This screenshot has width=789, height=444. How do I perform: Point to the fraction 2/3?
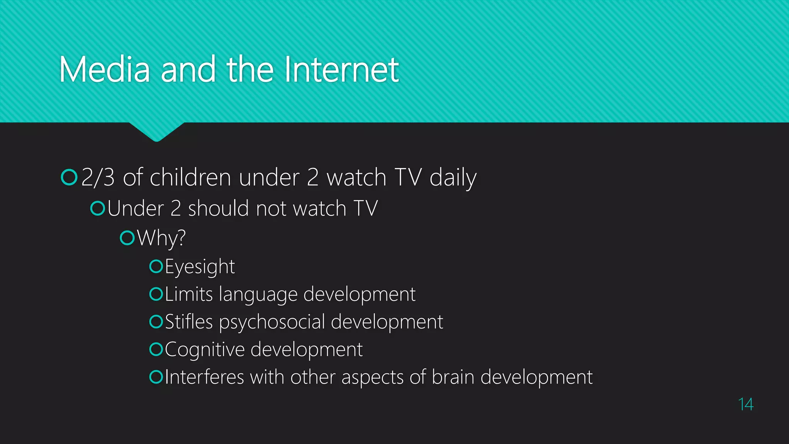pyautogui.click(x=98, y=178)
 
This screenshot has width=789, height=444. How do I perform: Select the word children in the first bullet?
pyautogui.click(x=190, y=178)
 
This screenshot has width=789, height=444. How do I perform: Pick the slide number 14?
pyautogui.click(x=745, y=404)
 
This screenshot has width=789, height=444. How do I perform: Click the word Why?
pyautogui.click(x=161, y=238)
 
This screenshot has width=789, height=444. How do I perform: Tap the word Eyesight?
pyautogui.click(x=200, y=267)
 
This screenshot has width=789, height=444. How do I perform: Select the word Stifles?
pyautogui.click(x=189, y=322)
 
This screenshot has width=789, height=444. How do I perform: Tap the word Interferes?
pyautogui.click(x=205, y=377)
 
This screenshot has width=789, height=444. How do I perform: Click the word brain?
pyautogui.click(x=453, y=377)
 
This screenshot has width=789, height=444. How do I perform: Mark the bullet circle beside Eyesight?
pyautogui.click(x=156, y=266)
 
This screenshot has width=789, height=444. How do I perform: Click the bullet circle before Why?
pyautogui.click(x=127, y=238)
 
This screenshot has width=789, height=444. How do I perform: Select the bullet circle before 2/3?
pyautogui.click(x=69, y=177)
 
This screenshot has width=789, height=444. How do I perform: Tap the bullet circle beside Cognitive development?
pyautogui.click(x=156, y=349)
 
